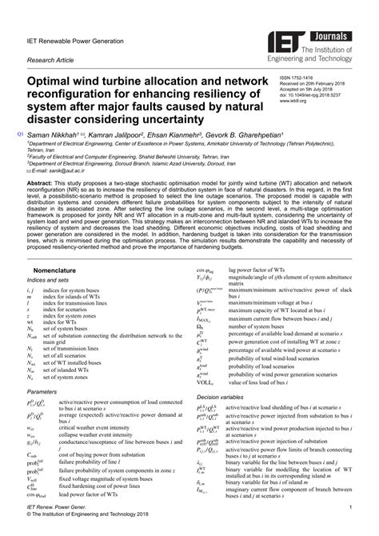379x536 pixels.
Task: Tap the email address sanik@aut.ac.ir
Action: (54, 171)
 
